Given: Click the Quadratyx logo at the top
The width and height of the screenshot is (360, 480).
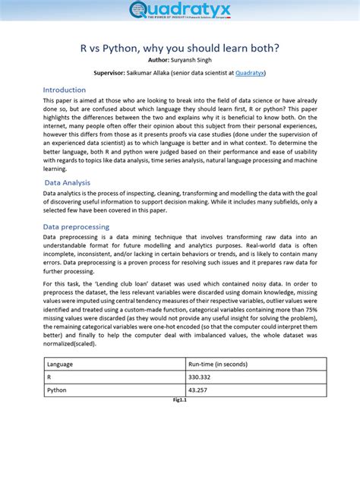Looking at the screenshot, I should tap(180, 11).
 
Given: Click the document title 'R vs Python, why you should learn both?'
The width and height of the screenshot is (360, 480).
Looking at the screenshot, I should tap(180, 47).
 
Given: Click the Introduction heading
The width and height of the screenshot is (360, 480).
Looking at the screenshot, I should tap(65, 90).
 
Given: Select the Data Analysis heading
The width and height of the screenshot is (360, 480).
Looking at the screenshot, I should tap(68, 182).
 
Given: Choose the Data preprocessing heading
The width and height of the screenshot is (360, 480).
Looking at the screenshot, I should tap(76, 226).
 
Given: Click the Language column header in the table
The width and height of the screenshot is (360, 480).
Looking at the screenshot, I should tap(60, 365).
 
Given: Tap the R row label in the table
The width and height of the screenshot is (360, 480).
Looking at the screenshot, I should tap(49, 377).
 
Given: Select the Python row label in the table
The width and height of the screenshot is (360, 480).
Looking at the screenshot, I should tap(57, 390).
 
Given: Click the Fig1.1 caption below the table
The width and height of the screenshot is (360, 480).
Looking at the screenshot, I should tap(180, 400).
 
